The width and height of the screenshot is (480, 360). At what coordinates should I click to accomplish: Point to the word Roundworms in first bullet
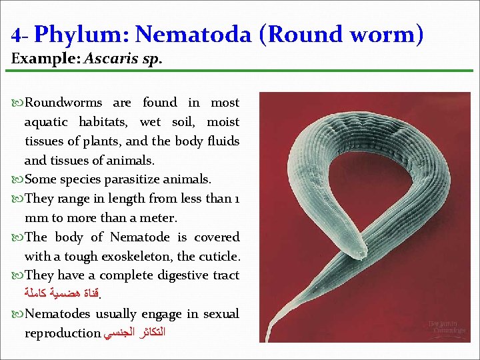pos(63,103)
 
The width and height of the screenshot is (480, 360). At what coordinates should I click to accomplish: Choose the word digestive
pos(170,275)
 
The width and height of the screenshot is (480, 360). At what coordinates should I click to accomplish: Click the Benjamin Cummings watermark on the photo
pos(446,327)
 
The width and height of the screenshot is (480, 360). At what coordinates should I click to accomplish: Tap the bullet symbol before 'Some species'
pos(16,180)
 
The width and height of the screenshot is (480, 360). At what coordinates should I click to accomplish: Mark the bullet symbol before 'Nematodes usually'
pos(16,315)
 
